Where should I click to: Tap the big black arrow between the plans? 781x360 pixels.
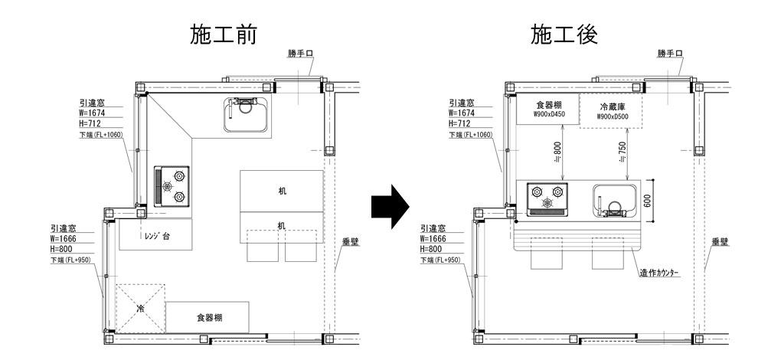click(x=391, y=206)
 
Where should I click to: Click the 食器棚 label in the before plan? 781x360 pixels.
click(x=210, y=316)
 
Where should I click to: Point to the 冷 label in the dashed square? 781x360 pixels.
click(x=140, y=308)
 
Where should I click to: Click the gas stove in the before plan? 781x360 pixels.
click(x=172, y=186)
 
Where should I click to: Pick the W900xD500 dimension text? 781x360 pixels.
click(x=611, y=118)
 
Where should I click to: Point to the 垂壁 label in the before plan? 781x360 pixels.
click(x=351, y=242)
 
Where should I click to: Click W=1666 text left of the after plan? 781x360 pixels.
click(x=435, y=238)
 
